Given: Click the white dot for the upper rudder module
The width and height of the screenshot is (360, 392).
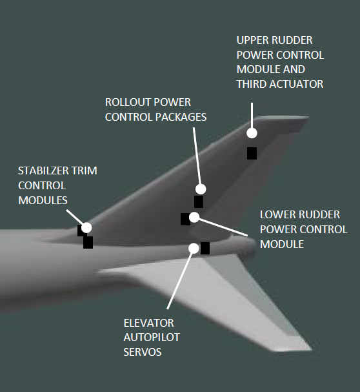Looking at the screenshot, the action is (x=252, y=133).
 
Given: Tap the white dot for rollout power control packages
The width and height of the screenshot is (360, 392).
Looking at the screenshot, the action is (x=201, y=189).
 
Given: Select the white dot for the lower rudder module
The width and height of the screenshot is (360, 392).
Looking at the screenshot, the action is (x=194, y=217).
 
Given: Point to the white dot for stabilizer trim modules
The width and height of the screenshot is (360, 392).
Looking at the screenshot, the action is (x=86, y=228).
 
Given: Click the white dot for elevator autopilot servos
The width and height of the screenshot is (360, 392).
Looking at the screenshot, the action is (x=194, y=248).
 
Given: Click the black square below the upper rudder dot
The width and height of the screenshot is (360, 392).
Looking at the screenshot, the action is (x=252, y=153).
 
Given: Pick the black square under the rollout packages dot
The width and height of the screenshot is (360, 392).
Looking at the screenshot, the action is (x=199, y=201).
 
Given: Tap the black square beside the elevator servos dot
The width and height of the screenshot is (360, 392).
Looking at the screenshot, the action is (x=205, y=248).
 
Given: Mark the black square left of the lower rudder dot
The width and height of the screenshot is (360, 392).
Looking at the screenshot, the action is (x=185, y=220).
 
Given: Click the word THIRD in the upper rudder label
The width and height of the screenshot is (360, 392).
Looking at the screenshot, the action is (x=251, y=84).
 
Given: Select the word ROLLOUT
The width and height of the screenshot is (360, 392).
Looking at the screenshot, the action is (x=128, y=102).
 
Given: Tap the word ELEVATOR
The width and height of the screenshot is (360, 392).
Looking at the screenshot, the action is (x=148, y=324).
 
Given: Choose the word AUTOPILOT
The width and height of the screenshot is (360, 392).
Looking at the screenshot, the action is (x=152, y=338).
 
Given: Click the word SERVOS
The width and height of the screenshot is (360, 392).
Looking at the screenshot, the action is (x=143, y=352).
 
